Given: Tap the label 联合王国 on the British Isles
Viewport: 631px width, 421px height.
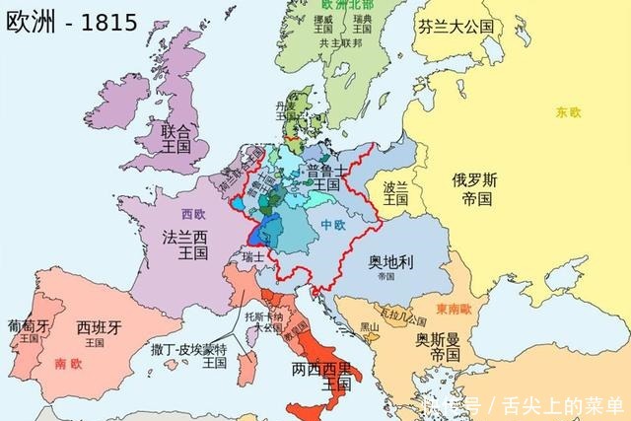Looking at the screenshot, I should point(179,139).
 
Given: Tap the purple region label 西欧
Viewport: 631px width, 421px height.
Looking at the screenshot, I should point(193,214).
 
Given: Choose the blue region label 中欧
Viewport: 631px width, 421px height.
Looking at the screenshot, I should point(333,226).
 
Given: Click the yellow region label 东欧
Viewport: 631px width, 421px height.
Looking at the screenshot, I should point(569,111).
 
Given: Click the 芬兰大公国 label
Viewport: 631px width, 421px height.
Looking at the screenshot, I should point(456,27).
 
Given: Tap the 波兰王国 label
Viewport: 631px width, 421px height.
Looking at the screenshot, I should point(395,191).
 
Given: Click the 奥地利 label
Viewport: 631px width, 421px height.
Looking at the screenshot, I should point(390,263).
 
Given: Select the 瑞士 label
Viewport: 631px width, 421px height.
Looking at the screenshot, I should point(254,257).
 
